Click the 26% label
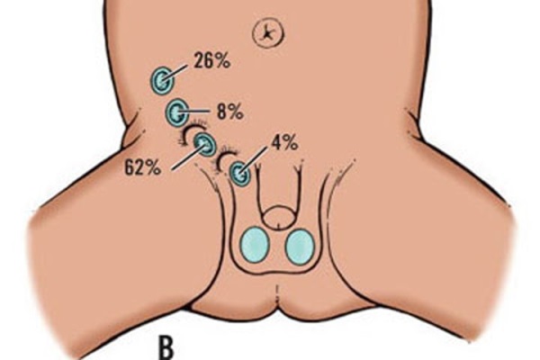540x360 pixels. tap(211, 61)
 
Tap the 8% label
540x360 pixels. tap(229, 112)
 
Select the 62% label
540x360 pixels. tap(142, 167)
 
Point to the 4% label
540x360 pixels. tap(284, 142)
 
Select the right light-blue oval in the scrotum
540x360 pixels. tap(300, 247)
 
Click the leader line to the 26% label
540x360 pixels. tap(175, 73)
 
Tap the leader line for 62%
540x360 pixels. tap(188, 157)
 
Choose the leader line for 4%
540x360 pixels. tap(254, 160)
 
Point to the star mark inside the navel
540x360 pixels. tap(267, 33)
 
